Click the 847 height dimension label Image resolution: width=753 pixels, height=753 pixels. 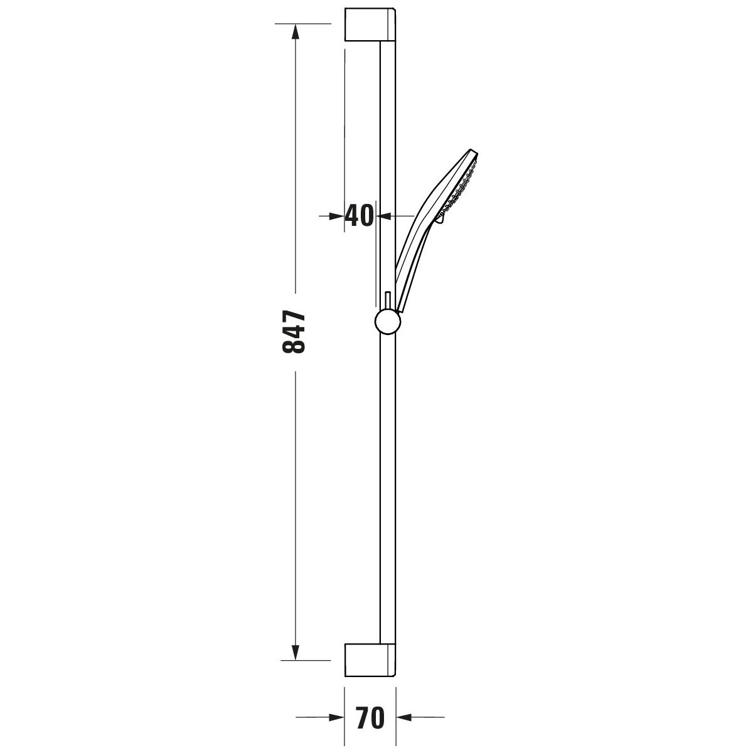click(x=294, y=332)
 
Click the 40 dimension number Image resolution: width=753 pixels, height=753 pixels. click(x=360, y=216)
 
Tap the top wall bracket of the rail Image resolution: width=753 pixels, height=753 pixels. click(x=370, y=24)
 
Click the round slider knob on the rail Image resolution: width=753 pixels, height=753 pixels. click(x=388, y=322)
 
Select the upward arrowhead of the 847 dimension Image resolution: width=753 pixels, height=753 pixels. click(x=296, y=31)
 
